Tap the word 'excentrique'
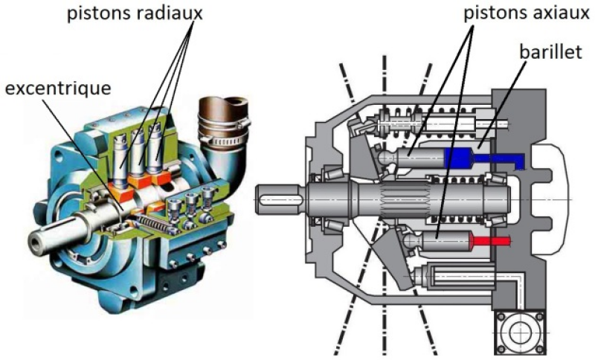(x=58, y=89)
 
